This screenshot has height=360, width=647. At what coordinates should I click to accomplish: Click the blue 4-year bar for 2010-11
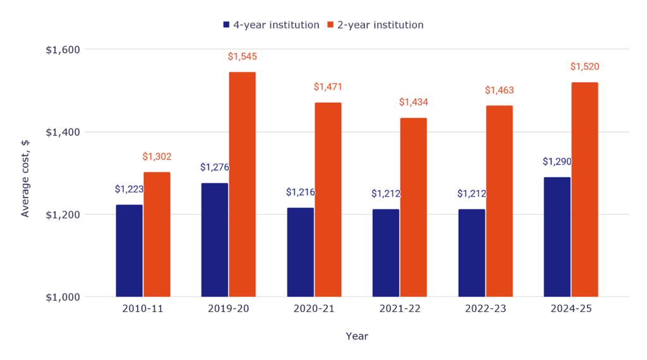tap(129, 251)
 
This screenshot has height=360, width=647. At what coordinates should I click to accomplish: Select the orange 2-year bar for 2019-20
tap(242, 184)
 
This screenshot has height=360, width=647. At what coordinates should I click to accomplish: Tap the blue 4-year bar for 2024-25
tap(557, 237)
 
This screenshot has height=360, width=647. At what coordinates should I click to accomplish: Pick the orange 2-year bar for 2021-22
tap(413, 207)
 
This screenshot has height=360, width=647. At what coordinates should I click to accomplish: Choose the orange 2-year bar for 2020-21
tap(328, 200)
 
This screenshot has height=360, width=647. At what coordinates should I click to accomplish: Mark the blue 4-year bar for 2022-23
tap(471, 253)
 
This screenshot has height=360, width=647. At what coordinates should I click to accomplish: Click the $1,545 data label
tap(242, 57)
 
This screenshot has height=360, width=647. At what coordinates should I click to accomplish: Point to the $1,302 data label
tap(157, 157)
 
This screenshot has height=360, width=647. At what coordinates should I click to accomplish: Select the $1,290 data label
tap(557, 162)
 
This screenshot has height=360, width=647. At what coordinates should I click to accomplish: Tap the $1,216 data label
tap(300, 192)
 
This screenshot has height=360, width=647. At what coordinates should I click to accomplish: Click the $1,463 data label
tap(499, 90)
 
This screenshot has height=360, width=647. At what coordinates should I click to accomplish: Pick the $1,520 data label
tap(584, 67)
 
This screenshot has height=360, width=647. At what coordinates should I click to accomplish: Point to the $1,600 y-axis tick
tap(63, 50)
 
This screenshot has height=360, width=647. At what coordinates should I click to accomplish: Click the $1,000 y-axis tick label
tap(63, 297)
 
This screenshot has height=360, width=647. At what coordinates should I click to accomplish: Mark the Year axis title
tap(357, 336)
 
